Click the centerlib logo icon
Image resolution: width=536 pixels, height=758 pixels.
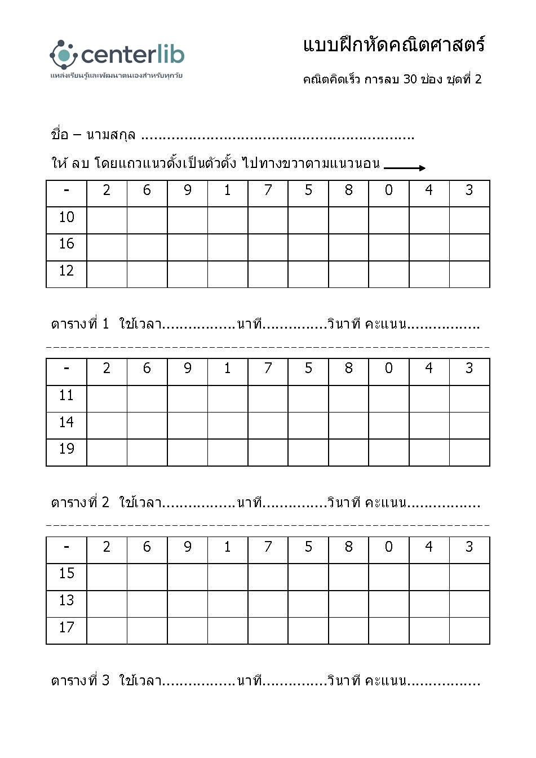click(63, 55)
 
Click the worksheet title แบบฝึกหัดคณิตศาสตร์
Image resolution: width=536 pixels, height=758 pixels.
click(393, 45)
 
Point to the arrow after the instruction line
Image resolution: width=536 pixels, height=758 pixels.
click(404, 167)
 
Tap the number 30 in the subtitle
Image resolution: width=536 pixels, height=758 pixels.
click(410, 79)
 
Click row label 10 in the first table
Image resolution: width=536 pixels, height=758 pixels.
click(67, 217)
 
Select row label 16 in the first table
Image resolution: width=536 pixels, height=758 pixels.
click(67, 243)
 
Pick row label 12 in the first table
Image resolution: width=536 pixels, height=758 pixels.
click(67, 271)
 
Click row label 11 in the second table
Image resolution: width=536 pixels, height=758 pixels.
click(67, 395)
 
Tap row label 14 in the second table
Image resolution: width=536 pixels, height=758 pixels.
click(67, 422)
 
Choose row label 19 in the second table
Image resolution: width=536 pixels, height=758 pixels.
click(67, 449)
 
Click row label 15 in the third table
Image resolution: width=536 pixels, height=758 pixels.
click(67, 573)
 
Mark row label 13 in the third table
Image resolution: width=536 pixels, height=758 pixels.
click(67, 600)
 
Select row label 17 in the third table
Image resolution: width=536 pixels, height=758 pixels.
click(67, 627)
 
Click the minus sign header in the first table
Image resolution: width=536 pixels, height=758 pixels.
click(67, 190)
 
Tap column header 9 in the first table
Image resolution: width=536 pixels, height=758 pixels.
click(188, 190)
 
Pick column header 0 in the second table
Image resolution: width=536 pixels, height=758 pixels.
click(389, 369)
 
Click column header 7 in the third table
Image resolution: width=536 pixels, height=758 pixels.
click(268, 547)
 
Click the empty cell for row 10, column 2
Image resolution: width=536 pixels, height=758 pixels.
click(107, 220)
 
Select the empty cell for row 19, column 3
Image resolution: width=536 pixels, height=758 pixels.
click(469, 453)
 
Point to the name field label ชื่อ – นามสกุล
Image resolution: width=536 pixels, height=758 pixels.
click(93, 135)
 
